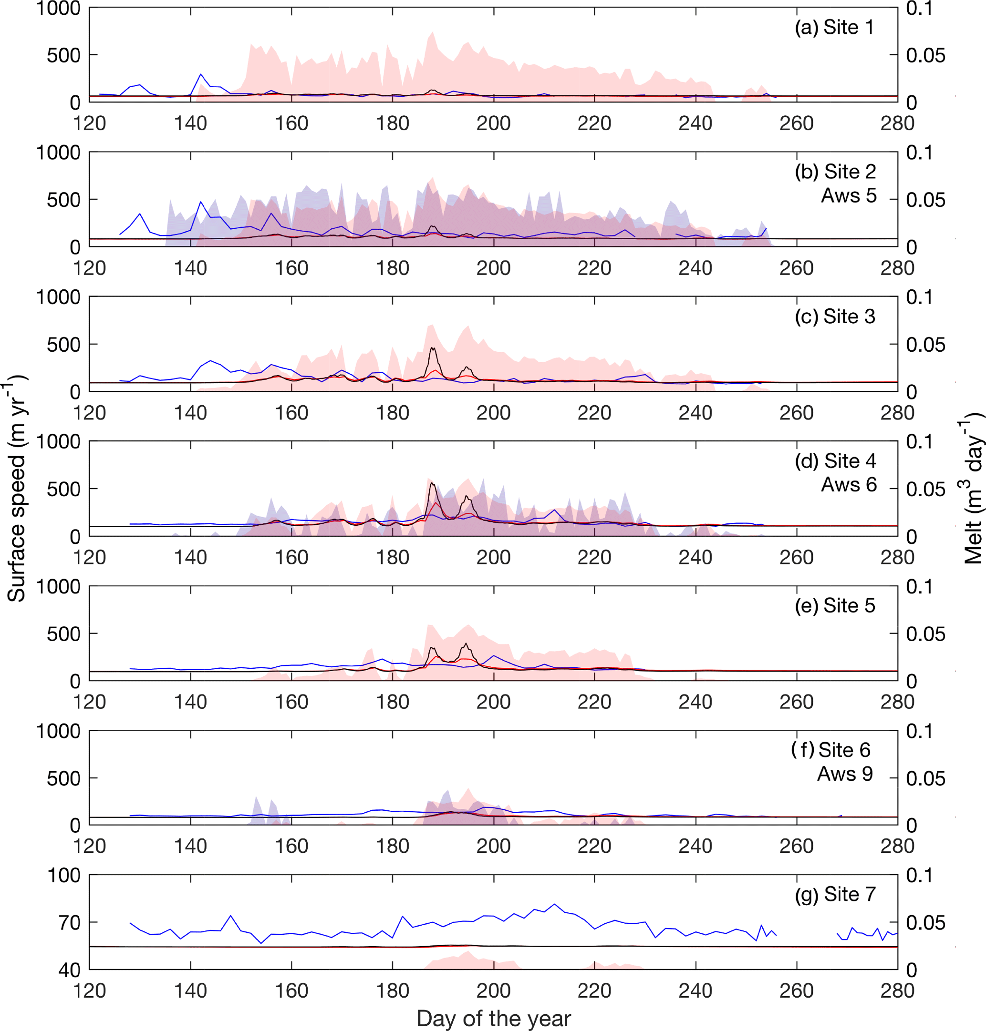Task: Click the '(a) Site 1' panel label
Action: pos(834,27)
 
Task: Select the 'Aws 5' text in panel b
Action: pos(849,195)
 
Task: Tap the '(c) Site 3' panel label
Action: pos(835,316)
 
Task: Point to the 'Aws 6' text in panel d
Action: pos(849,484)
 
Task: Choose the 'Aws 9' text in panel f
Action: pos(845,774)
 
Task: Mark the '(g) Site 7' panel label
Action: pos(835,894)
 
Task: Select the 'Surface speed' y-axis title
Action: pos(16,489)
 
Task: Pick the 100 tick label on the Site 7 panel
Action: pos(63,875)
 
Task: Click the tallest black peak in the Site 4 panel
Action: pos(433,483)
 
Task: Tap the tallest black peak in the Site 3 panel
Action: pos(433,347)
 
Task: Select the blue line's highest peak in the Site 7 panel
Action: pos(554,904)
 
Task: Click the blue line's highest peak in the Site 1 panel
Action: pos(200,74)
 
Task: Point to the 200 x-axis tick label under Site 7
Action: pos(493,990)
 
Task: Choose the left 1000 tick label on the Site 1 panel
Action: pos(58,9)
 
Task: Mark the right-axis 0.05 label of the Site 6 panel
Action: pos(925,778)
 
